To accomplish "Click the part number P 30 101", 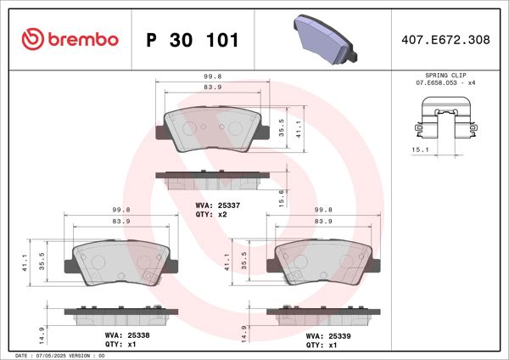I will [193, 40].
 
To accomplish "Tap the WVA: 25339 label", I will [322, 336].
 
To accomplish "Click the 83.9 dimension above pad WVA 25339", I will [322, 221].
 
